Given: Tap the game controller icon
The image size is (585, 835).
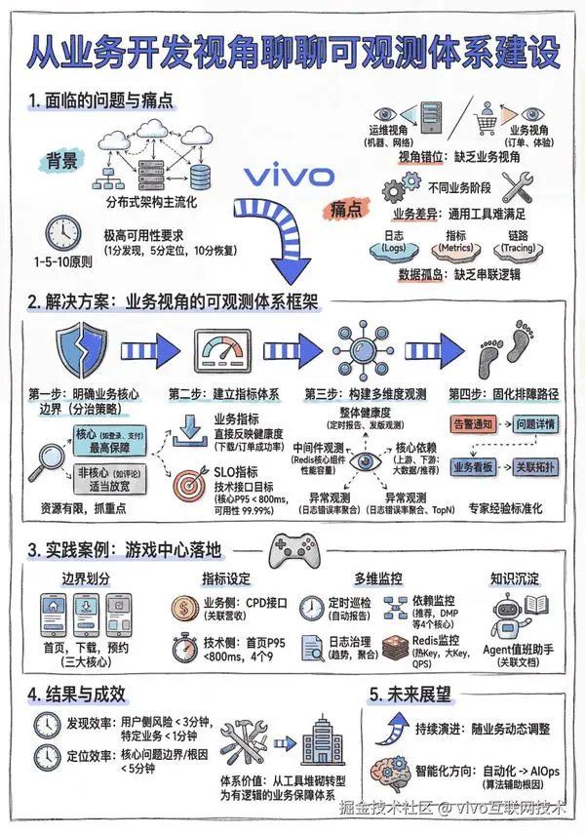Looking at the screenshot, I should [x=292, y=550].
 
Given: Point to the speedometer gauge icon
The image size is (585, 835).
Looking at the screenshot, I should [x=225, y=352].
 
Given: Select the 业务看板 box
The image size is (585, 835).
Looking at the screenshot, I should [x=476, y=467].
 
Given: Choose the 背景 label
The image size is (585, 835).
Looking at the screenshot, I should [x=60, y=162].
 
